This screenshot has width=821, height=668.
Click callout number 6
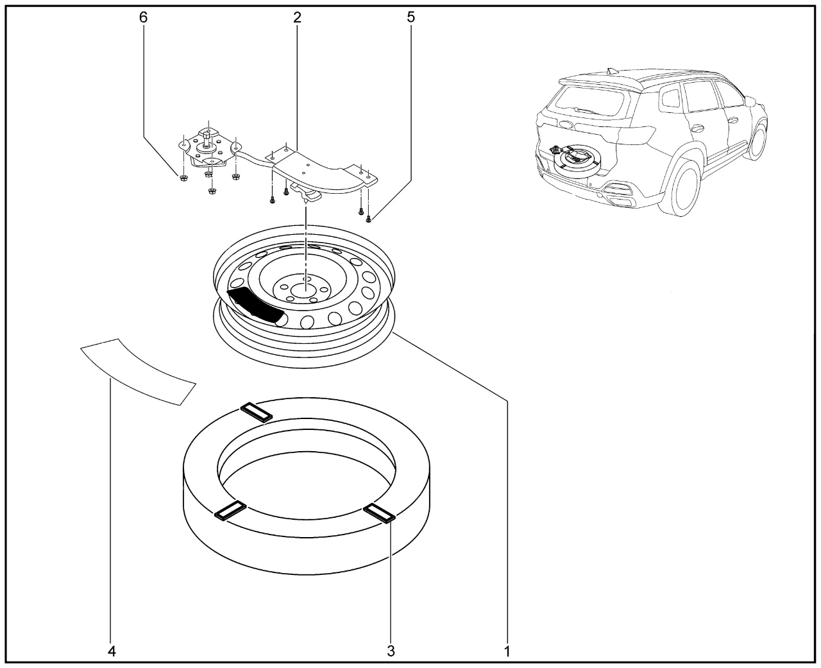144,17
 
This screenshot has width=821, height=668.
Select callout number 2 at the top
297,17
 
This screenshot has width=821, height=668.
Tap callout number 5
411,17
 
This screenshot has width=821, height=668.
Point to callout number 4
112,651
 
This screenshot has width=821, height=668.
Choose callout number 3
391,651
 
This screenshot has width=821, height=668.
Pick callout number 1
507,651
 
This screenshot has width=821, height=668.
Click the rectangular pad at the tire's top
257,413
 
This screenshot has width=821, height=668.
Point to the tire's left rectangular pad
230,511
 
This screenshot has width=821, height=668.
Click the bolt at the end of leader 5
368,219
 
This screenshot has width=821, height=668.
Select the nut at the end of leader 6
184,178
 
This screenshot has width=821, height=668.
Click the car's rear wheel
679,187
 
